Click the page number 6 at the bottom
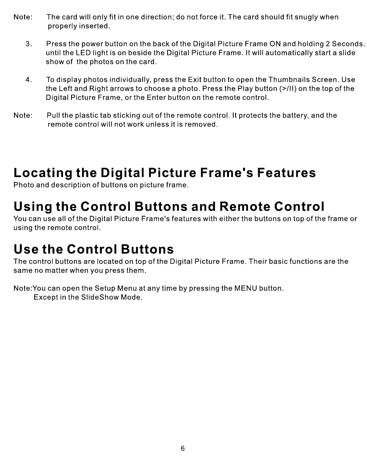(x=183, y=449)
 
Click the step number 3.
(x=29, y=44)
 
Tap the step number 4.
(x=29, y=80)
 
